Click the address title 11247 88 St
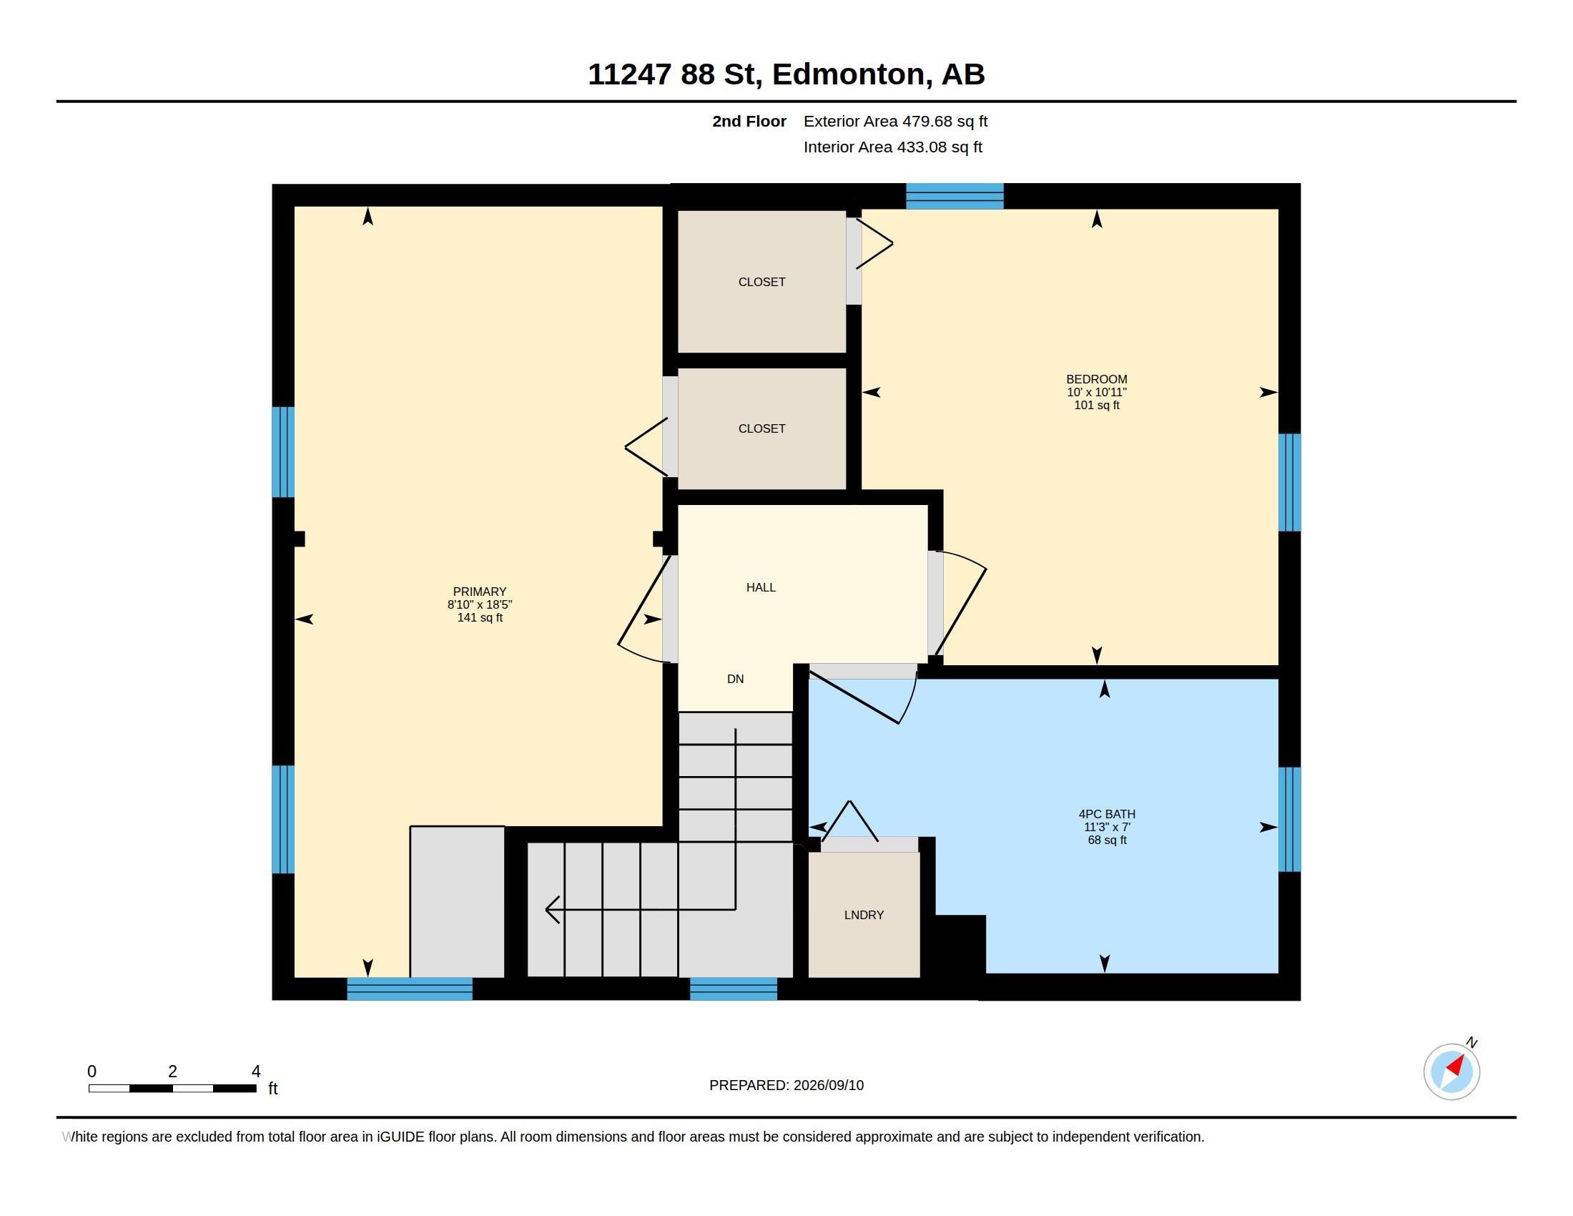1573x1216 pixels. tap(786, 74)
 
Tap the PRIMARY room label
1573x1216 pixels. tap(480, 592)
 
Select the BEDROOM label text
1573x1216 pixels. tap(1096, 379)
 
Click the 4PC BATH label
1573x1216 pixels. tap(1107, 814)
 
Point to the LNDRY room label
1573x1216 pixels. tap(864, 915)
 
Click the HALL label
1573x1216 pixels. tap(761, 587)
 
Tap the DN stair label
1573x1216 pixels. tap(735, 679)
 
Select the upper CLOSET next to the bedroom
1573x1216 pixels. tap(761, 282)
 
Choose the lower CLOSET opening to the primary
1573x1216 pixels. tap(761, 428)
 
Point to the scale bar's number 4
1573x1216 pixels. tap(256, 1072)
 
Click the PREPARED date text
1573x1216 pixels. tap(786, 1085)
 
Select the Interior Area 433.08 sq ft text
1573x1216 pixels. tap(892, 147)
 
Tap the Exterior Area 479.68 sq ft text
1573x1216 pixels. tap(895, 121)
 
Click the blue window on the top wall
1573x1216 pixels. tap(955, 196)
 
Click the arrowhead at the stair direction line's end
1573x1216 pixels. tap(552, 909)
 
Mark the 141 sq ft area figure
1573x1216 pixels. tap(480, 617)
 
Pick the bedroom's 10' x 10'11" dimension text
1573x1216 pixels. tap(1096, 392)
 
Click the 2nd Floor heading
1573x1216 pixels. tap(749, 121)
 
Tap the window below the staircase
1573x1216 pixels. tap(733, 989)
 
